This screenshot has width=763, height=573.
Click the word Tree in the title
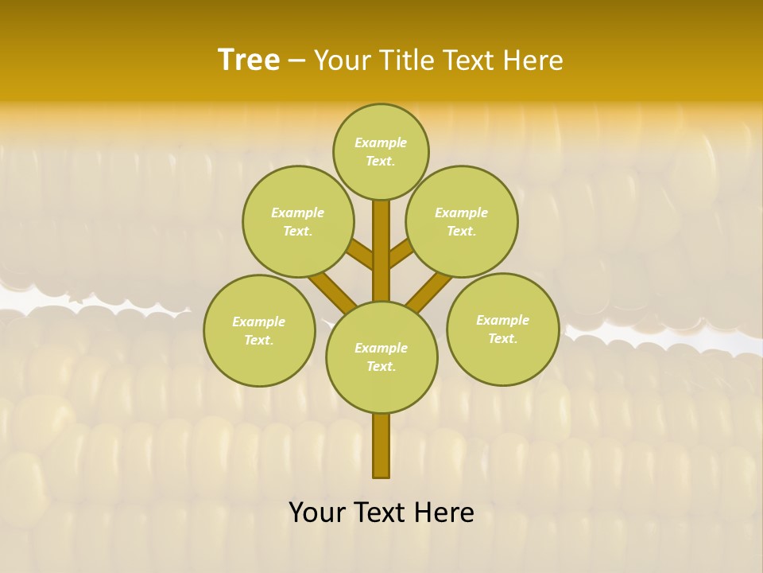click(x=249, y=60)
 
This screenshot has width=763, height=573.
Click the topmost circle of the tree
click(x=381, y=151)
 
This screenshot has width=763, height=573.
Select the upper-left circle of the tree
click(x=297, y=221)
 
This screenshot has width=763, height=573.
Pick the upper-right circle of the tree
click(x=462, y=221)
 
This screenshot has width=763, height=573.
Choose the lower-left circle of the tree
click(x=259, y=330)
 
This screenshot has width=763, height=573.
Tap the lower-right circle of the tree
click(x=503, y=329)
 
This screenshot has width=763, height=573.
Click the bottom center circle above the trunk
click(x=381, y=357)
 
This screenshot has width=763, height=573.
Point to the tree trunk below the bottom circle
click(x=381, y=446)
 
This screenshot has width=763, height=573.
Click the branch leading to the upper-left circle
click(x=361, y=255)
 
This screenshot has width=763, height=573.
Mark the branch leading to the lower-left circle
click(x=332, y=292)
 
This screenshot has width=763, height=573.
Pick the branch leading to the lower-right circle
click(x=430, y=292)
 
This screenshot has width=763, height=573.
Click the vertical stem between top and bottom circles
click(x=381, y=251)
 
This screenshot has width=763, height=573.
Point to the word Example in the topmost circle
click(x=381, y=142)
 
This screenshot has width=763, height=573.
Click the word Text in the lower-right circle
click(x=502, y=338)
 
